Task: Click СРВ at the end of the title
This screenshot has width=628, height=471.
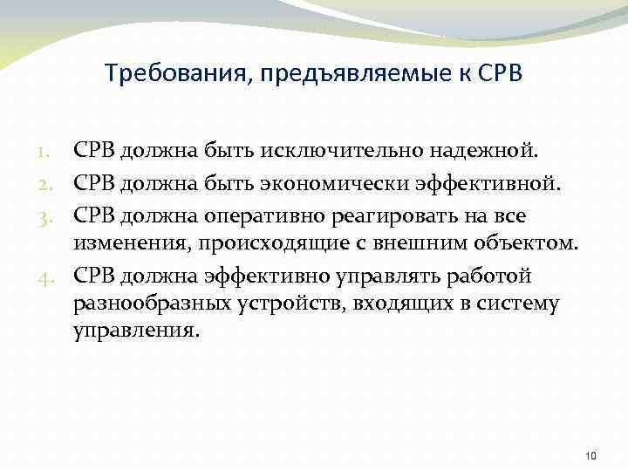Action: click(500, 73)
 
